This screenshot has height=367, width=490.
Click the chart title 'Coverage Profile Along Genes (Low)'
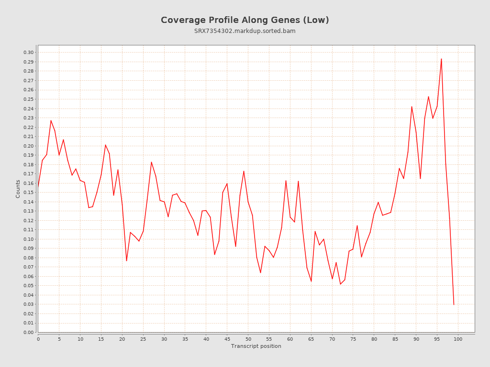click(x=245, y=20)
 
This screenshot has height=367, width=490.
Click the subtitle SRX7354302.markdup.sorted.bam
click(x=245, y=31)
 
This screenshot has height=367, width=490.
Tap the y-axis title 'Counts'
click(x=18, y=189)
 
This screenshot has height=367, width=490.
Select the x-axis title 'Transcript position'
click(x=256, y=346)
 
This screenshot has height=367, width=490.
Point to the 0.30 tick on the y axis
click(x=29, y=53)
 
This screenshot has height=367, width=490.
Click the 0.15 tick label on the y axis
click(x=29, y=193)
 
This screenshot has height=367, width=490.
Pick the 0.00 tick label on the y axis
click(x=29, y=333)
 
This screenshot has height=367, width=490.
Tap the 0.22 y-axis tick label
click(x=29, y=127)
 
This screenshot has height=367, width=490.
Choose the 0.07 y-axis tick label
click(x=29, y=267)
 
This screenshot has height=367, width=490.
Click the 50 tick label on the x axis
click(x=248, y=339)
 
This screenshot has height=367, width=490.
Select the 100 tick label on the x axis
click(x=458, y=339)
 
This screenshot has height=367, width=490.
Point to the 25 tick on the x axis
click(x=143, y=339)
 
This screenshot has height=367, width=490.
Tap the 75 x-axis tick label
click(x=353, y=339)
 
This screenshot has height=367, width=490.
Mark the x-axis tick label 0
click(x=38, y=339)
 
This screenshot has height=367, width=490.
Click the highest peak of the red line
click(x=441, y=59)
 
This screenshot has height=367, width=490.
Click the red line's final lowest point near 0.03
click(x=454, y=304)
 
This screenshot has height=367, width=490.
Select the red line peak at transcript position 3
click(x=51, y=120)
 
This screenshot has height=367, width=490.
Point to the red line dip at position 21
click(x=126, y=260)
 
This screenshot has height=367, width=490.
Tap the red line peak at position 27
click(x=151, y=162)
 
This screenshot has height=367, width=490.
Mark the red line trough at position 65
click(x=311, y=281)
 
